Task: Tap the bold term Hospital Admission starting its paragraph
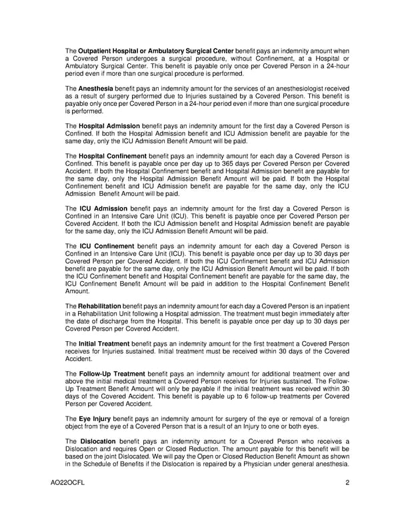click(109, 125)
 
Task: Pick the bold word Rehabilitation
click(100, 304)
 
